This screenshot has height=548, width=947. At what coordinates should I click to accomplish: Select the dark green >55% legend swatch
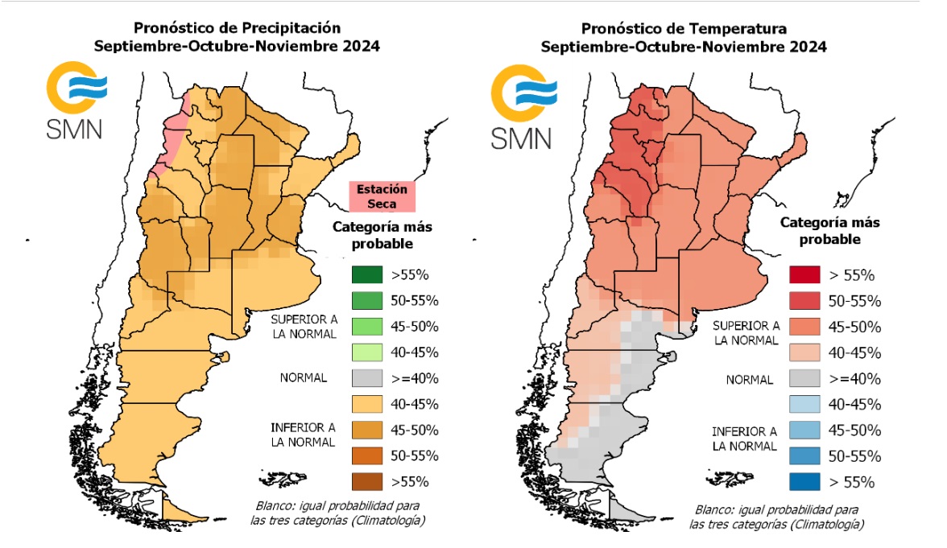pos(366,274)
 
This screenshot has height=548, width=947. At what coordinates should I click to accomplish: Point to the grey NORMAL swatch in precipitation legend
pos(366,377)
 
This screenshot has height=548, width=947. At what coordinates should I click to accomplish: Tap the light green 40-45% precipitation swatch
pos(366,352)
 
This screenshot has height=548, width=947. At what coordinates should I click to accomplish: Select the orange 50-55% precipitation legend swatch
pos(366,455)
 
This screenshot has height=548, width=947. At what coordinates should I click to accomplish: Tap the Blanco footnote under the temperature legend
pos(776,517)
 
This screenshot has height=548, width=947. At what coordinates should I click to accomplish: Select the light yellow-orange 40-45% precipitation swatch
pos(366,403)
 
